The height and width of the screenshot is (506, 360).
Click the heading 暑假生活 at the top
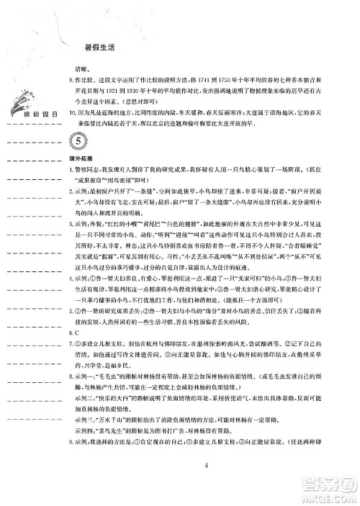point(100,49)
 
